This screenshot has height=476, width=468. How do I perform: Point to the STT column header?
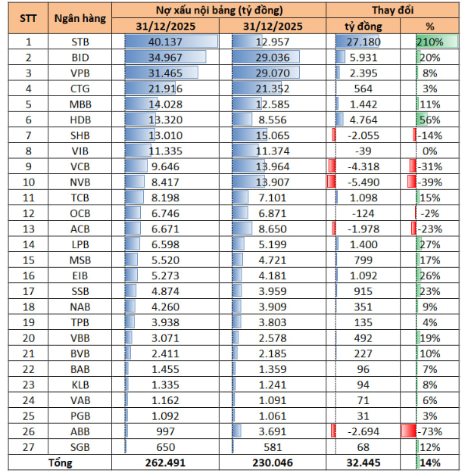28,18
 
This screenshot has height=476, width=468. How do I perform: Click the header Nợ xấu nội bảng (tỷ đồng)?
219,10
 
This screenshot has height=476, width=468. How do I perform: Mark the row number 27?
28,446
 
